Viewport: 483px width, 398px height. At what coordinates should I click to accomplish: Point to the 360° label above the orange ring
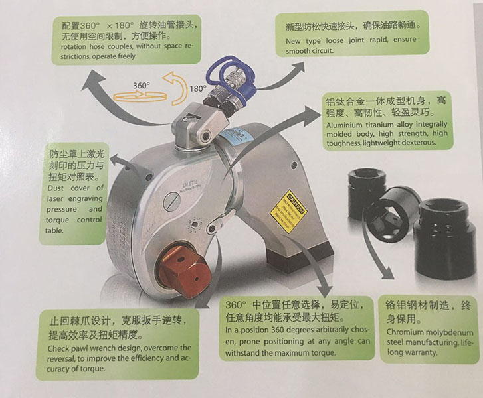[142, 86]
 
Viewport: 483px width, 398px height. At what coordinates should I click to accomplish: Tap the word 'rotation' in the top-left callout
[74, 46]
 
